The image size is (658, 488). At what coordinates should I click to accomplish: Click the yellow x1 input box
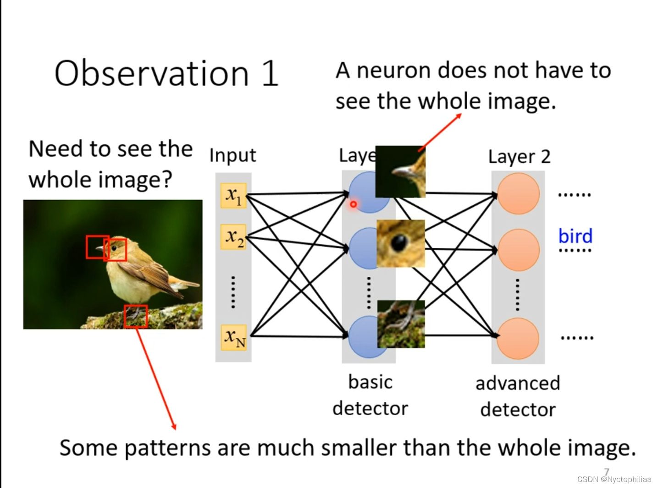(x=233, y=196)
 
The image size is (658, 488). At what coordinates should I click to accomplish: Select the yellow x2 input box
(x=233, y=237)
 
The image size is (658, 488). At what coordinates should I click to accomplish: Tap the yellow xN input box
(x=234, y=338)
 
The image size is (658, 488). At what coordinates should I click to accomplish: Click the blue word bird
(x=575, y=236)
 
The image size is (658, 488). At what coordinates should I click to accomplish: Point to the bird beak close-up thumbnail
(x=400, y=172)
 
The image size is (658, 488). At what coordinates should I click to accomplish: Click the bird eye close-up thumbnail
(x=400, y=243)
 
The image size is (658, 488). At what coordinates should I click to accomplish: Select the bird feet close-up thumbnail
(x=401, y=324)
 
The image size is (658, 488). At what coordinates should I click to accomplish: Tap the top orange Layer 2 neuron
(x=518, y=194)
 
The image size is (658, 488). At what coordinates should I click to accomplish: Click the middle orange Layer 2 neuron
(x=518, y=250)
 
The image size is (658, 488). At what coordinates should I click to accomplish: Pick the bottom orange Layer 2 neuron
(x=518, y=339)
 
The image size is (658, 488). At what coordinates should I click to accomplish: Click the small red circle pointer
(x=354, y=204)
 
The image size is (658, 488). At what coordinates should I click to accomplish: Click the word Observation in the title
(x=151, y=73)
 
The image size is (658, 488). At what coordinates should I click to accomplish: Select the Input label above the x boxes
(x=232, y=155)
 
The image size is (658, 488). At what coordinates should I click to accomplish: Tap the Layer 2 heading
(x=519, y=157)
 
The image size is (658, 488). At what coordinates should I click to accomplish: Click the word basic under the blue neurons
(x=370, y=382)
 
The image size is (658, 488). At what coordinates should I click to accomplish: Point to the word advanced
(x=518, y=383)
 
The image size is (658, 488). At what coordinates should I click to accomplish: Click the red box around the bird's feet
(x=136, y=316)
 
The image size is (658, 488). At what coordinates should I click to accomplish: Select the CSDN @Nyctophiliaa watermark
(x=614, y=479)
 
